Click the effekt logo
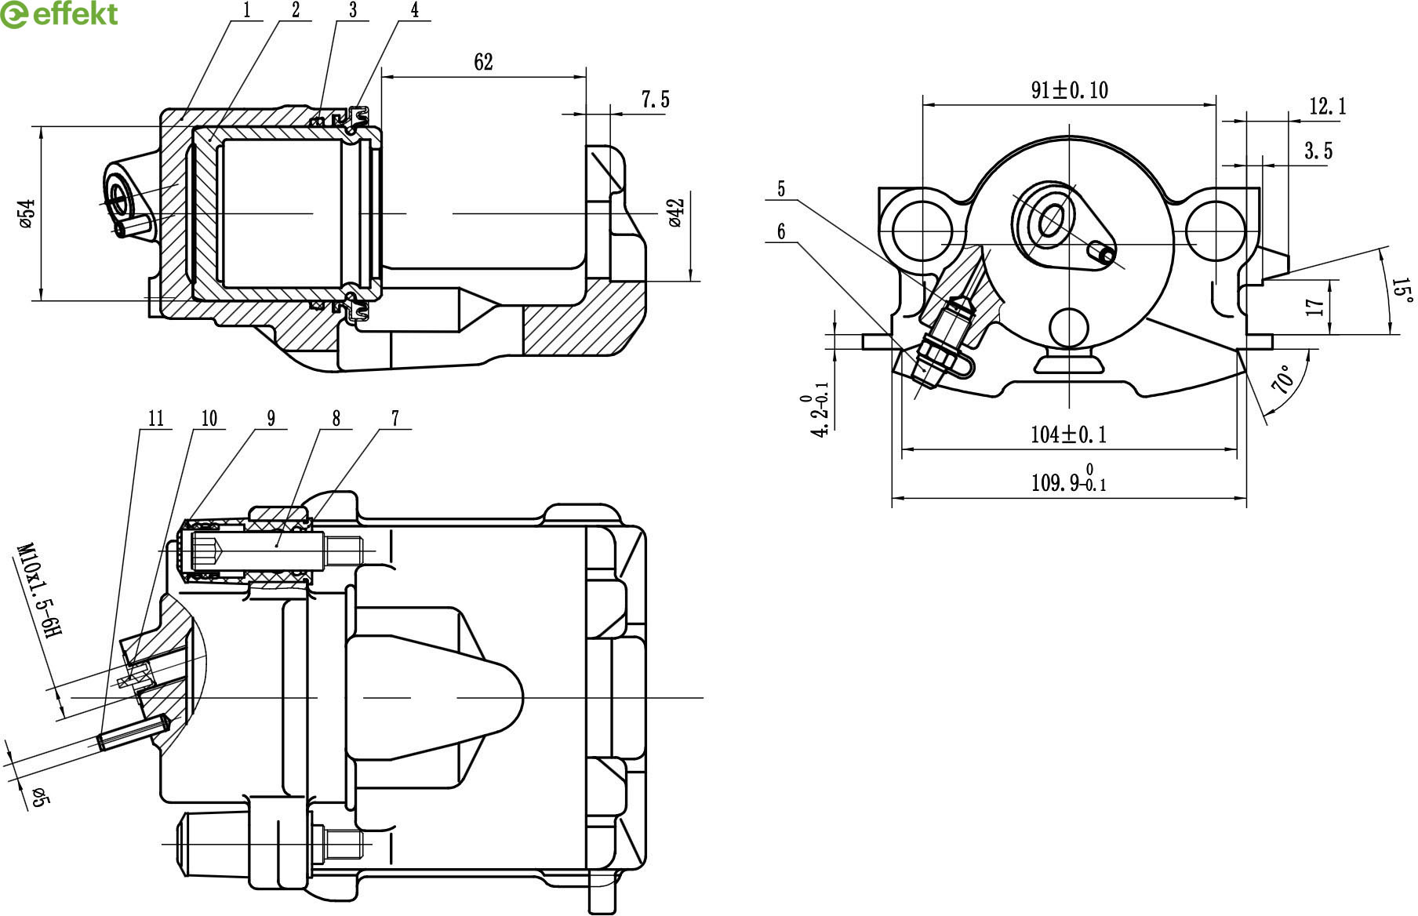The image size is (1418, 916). pyautogui.click(x=60, y=14)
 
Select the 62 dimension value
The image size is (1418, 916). pyautogui.click(x=483, y=63)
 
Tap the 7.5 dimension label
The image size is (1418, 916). pyautogui.click(x=655, y=100)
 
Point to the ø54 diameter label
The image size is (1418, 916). pyautogui.click(x=27, y=213)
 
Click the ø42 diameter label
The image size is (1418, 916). pyautogui.click(x=677, y=213)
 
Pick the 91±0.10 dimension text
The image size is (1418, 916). pyautogui.click(x=1069, y=90)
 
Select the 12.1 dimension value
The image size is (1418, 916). pyautogui.click(x=1327, y=106)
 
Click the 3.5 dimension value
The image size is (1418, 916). pyautogui.click(x=1318, y=151)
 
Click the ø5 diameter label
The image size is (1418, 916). pyautogui.click(x=40, y=798)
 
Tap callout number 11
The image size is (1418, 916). pyautogui.click(x=156, y=419)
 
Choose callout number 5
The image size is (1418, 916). pyautogui.click(x=780, y=189)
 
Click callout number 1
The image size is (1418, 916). pyautogui.click(x=247, y=10)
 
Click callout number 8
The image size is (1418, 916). pyautogui.click(x=336, y=419)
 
